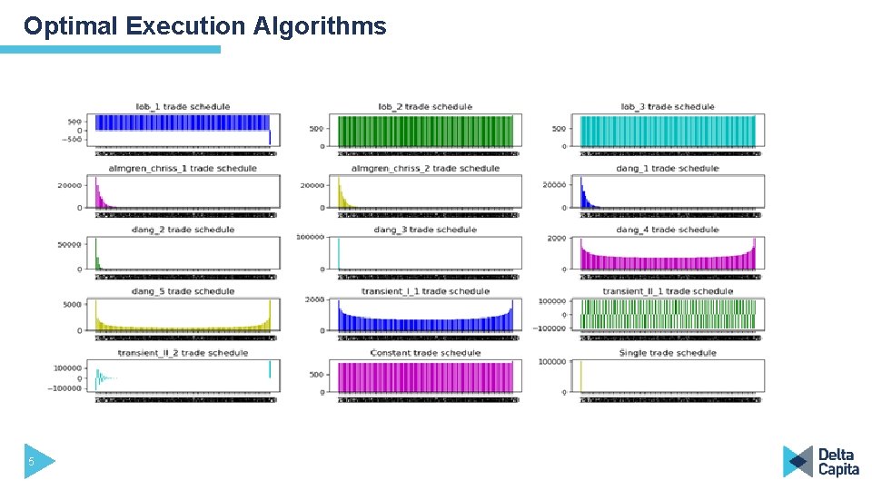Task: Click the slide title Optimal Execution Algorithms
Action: click(x=204, y=26)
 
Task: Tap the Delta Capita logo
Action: click(x=821, y=461)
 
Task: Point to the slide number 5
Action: click(x=31, y=462)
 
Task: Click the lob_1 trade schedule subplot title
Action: click(x=183, y=107)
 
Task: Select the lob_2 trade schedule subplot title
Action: click(x=425, y=107)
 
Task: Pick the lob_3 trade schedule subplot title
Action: click(x=667, y=107)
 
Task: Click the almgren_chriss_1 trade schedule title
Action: click(x=183, y=168)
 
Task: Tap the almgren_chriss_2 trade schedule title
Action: click(x=425, y=168)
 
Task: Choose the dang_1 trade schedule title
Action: click(x=667, y=168)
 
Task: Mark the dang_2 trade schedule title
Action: click(x=183, y=230)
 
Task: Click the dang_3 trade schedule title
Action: click(x=425, y=230)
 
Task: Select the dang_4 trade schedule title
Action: click(x=667, y=230)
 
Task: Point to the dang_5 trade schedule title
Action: click(x=183, y=291)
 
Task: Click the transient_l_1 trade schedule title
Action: click(x=425, y=291)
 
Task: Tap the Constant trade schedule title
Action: click(x=425, y=353)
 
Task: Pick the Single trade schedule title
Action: click(x=667, y=353)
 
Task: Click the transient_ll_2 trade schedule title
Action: click(x=183, y=353)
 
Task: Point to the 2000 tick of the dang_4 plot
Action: click(x=556, y=238)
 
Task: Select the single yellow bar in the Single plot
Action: click(x=581, y=377)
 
